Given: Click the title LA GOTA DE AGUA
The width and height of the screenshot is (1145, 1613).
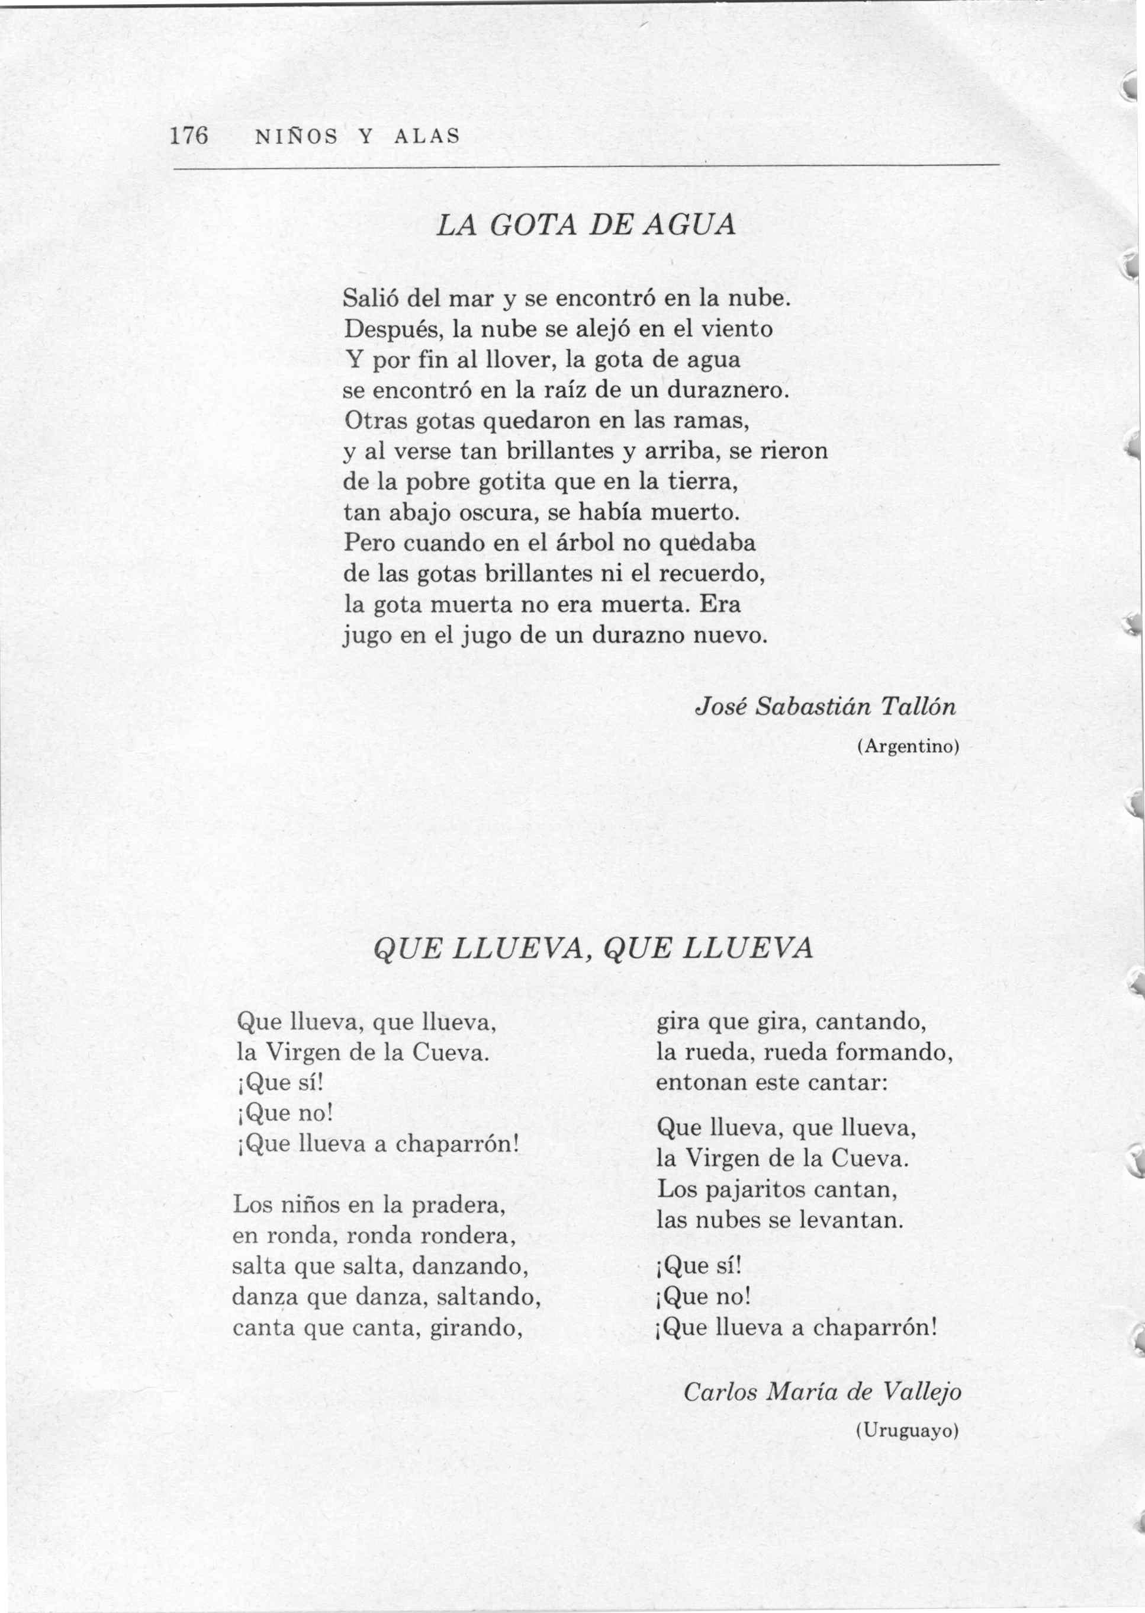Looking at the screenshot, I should (x=586, y=225).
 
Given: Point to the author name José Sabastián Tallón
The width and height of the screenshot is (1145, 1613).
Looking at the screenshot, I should (x=826, y=707).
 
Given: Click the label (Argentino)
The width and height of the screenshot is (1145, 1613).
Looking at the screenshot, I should (x=908, y=746).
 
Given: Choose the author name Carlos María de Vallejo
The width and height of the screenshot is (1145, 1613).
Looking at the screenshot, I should (x=822, y=1391).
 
